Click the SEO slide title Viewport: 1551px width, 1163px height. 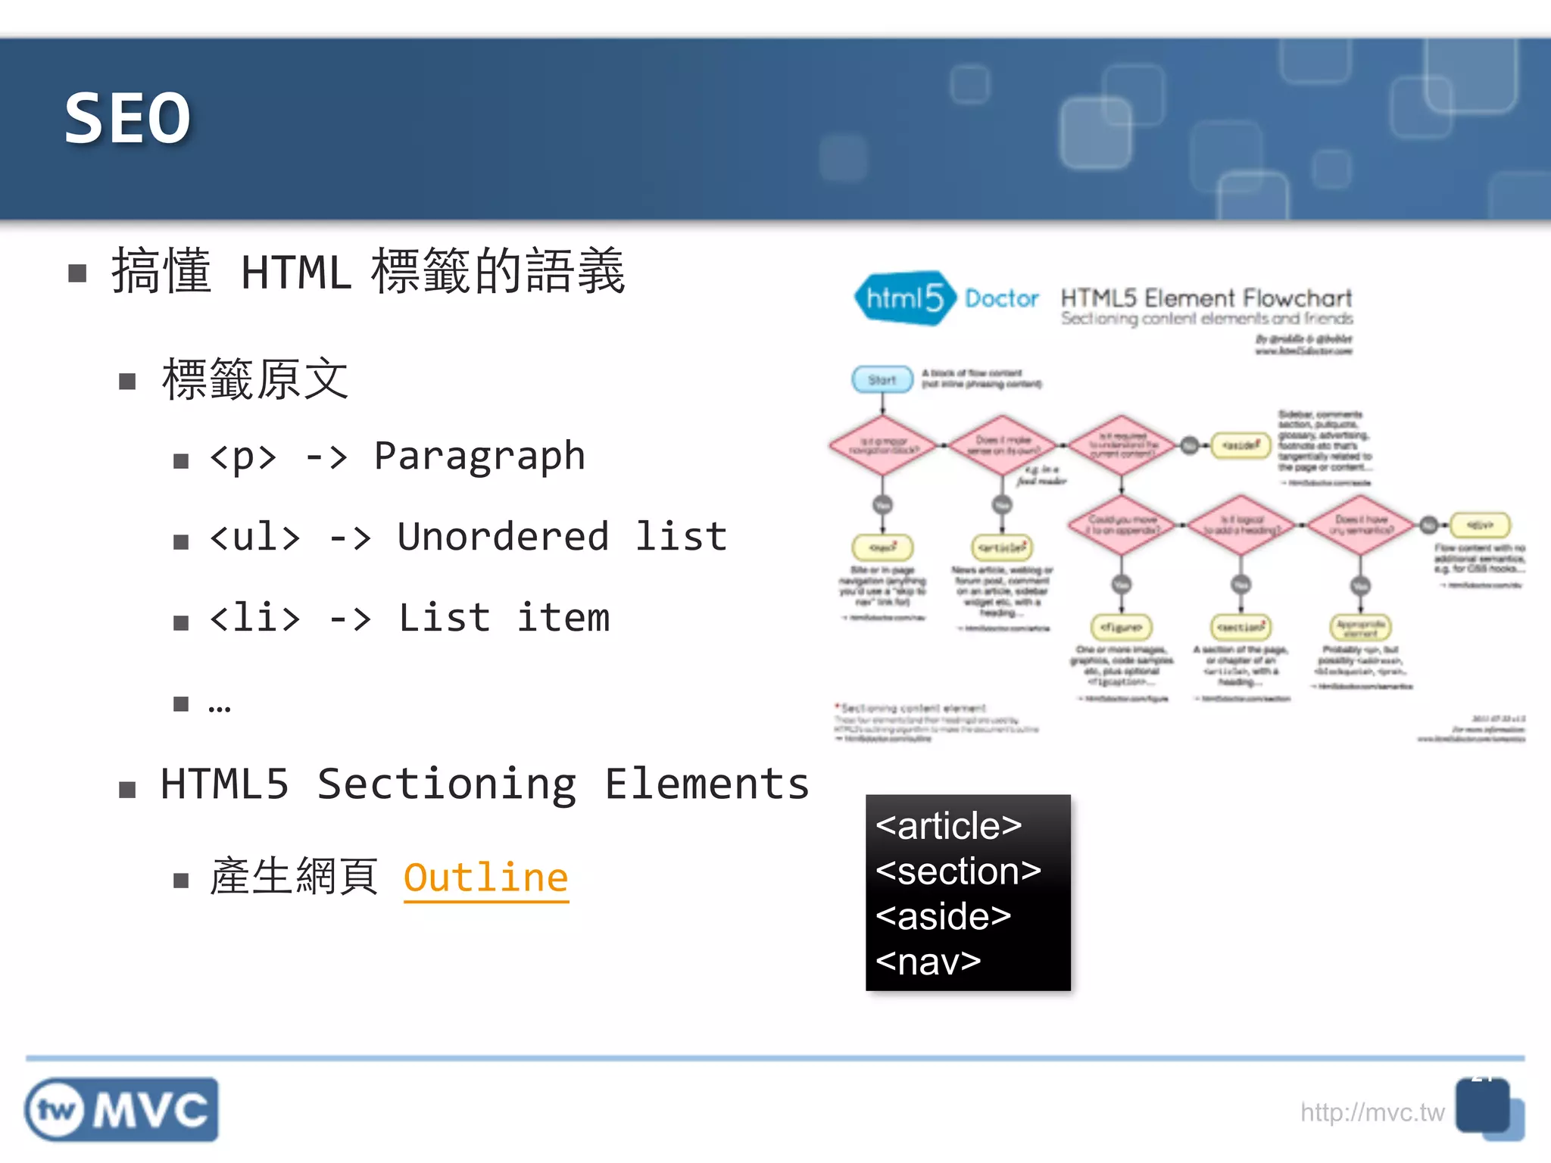click(127, 118)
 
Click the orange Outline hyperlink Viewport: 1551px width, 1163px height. click(485, 878)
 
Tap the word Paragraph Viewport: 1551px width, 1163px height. click(479, 456)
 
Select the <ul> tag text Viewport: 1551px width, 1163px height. click(254, 537)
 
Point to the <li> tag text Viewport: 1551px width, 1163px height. click(254, 618)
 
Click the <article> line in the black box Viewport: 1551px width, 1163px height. click(948, 825)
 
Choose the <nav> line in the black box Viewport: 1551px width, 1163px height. click(928, 962)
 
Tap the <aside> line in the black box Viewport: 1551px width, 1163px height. click(943, 916)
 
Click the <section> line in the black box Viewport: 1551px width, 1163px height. click(958, 871)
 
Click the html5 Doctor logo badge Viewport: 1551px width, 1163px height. click(903, 298)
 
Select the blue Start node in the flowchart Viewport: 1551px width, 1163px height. click(882, 379)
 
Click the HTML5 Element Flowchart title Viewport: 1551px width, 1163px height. click(1206, 298)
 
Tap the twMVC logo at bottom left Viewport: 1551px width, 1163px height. click(121, 1110)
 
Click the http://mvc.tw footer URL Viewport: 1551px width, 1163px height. click(1372, 1112)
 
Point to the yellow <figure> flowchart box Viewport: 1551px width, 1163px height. click(1121, 627)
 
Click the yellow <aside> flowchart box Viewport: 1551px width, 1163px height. click(1240, 445)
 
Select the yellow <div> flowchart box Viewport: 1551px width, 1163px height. click(1480, 524)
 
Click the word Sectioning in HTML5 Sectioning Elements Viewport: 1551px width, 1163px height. click(446, 784)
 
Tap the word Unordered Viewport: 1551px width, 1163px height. click(503, 537)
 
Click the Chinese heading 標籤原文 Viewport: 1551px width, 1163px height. click(255, 379)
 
